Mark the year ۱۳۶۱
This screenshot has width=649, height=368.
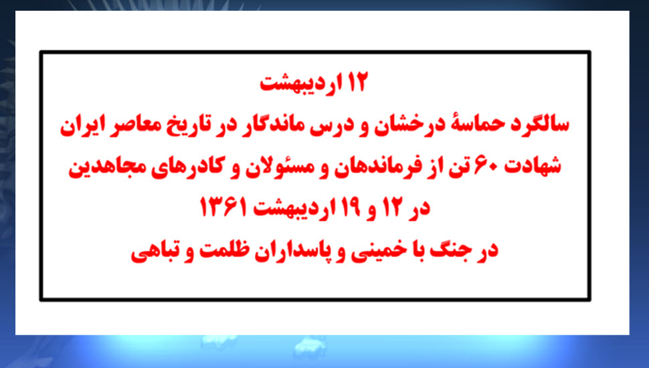point(223,207)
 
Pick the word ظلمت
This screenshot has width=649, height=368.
point(224,249)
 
